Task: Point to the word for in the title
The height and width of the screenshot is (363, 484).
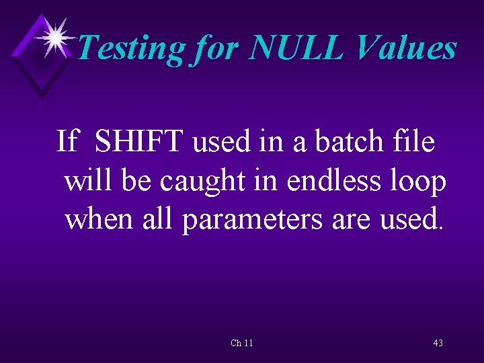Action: (216, 48)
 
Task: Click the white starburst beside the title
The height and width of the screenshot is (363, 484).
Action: (55, 36)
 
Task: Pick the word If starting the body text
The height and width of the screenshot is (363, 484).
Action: (67, 142)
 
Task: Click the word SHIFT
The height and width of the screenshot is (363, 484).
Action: (139, 142)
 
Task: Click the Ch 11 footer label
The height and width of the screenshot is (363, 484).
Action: (241, 343)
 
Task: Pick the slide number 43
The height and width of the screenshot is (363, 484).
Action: (438, 343)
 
